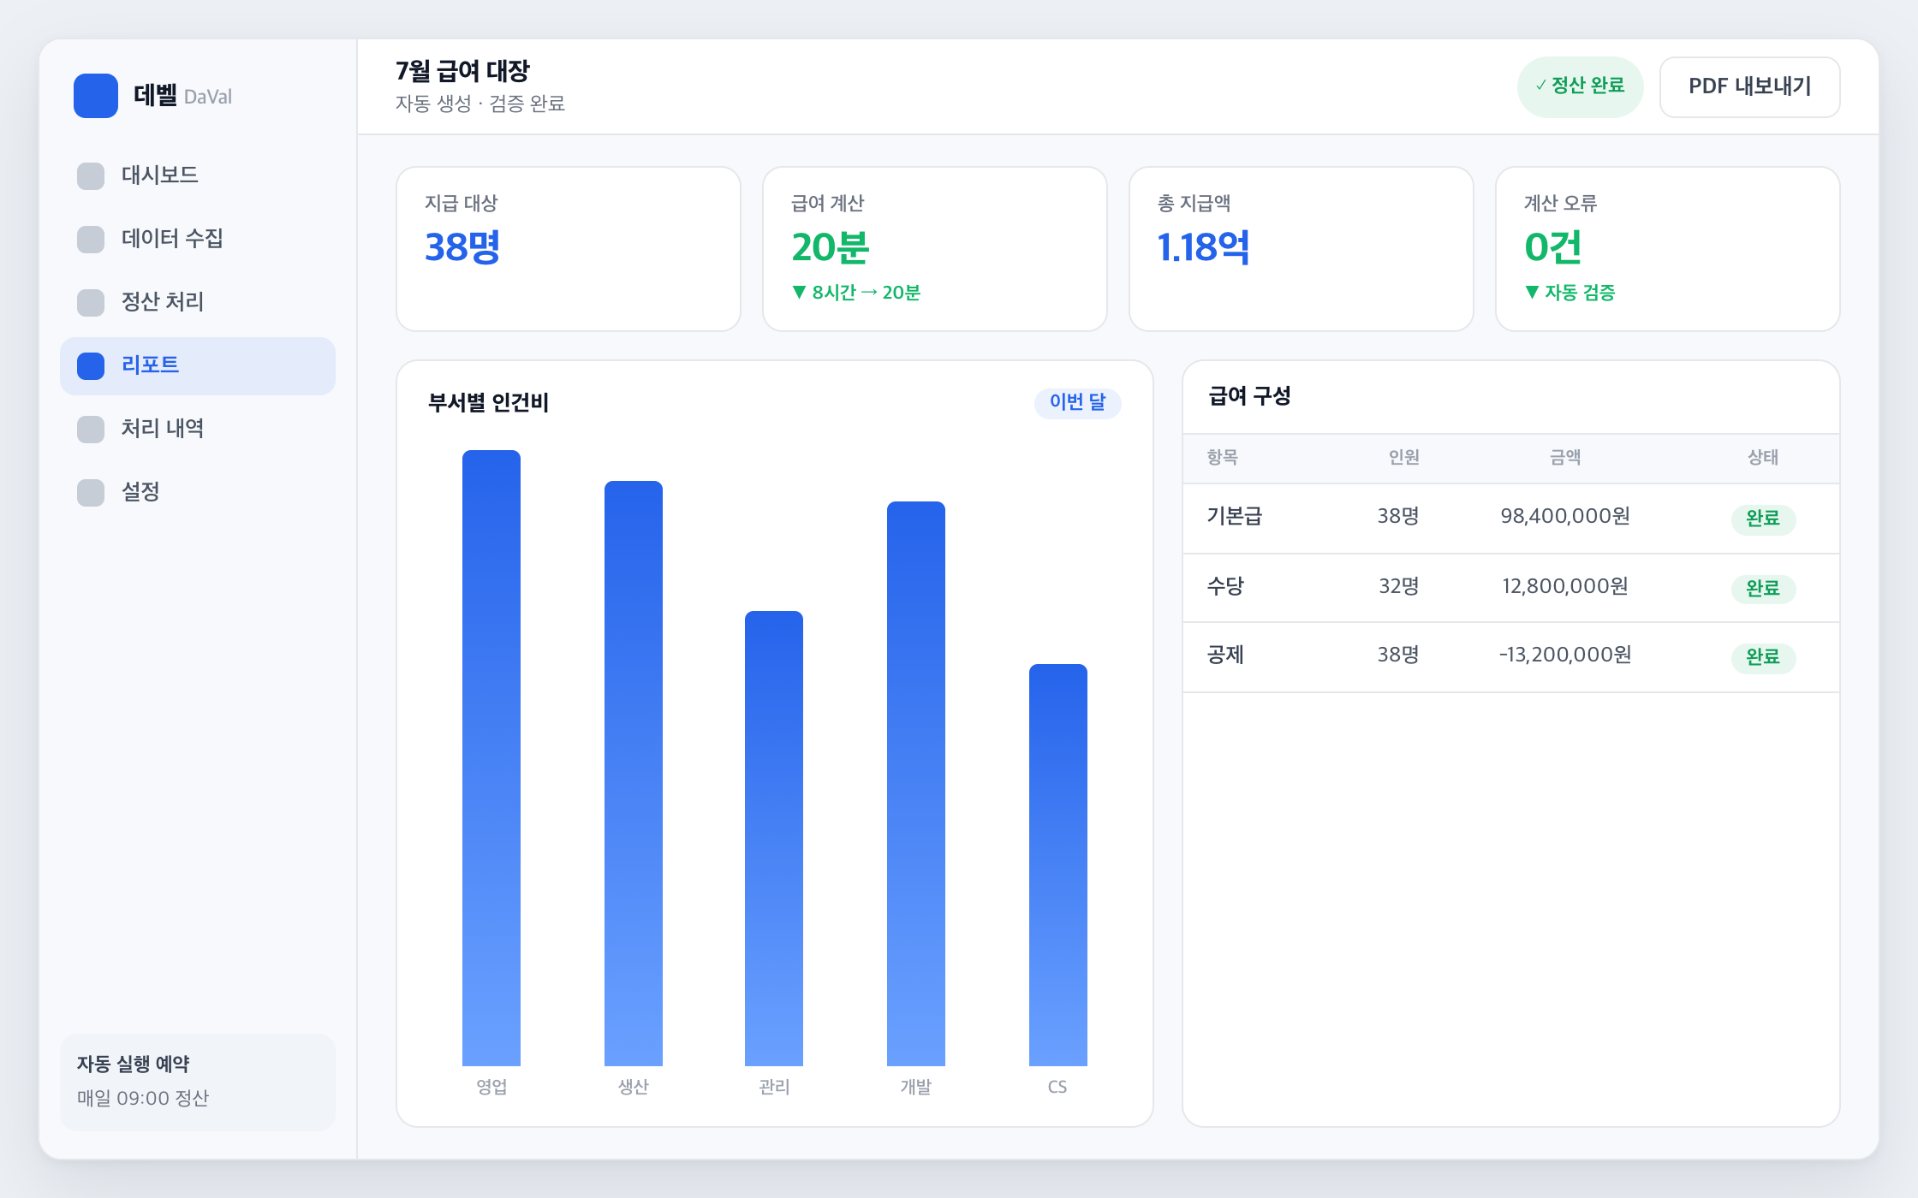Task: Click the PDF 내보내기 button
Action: point(1749,86)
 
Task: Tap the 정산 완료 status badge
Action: point(1580,86)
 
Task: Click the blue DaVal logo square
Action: point(96,96)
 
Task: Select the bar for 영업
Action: point(491,758)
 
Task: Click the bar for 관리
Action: point(774,839)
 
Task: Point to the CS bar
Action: point(1058,865)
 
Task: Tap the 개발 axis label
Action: point(916,1087)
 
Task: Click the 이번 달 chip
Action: point(1078,402)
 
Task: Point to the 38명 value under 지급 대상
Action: point(462,247)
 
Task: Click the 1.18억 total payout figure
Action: point(1203,247)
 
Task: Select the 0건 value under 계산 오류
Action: point(1552,247)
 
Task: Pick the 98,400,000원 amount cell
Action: point(1565,516)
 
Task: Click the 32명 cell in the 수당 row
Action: point(1399,586)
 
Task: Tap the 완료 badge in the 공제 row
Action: point(1763,657)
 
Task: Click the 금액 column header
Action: point(1565,458)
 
